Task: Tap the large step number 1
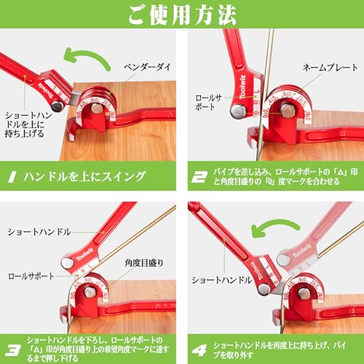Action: [13, 176]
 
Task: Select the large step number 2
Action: [197, 176]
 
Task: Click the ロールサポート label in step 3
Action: [30, 278]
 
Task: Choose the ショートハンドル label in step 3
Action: [37, 232]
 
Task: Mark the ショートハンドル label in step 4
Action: [222, 279]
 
